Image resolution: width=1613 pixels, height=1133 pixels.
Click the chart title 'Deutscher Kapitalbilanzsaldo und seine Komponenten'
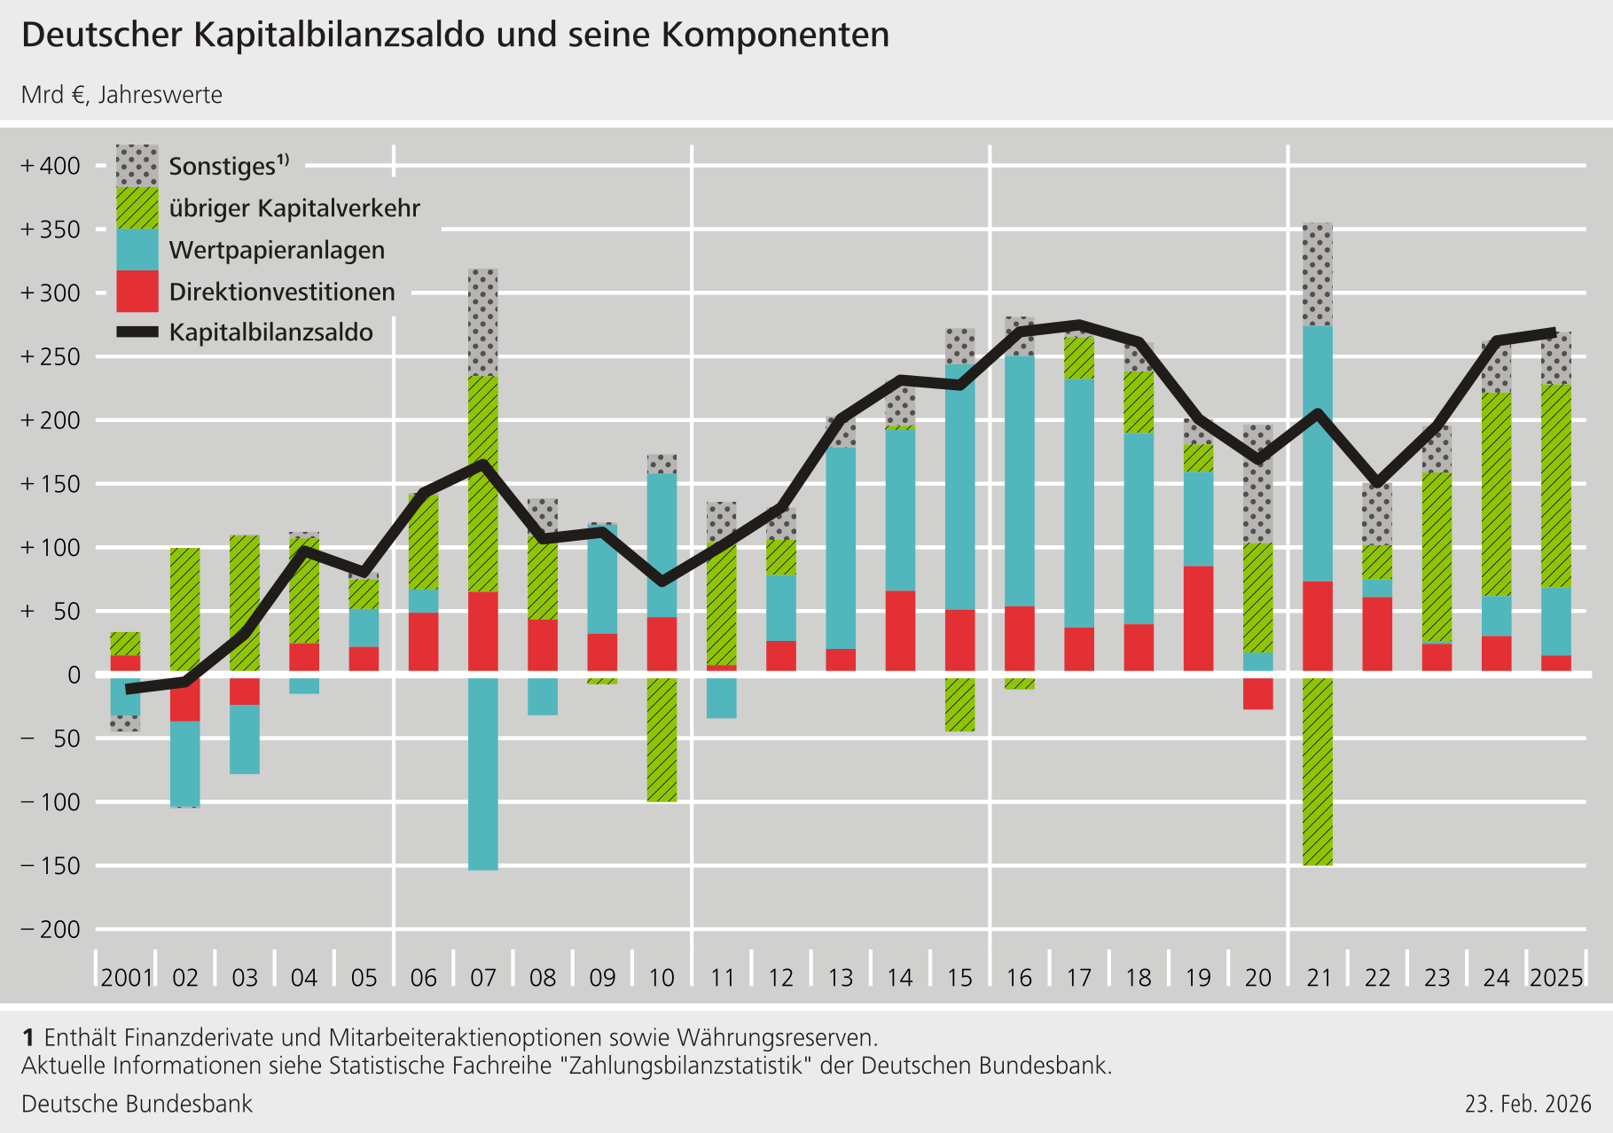pos(455,35)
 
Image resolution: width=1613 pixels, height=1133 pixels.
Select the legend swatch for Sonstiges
pos(137,166)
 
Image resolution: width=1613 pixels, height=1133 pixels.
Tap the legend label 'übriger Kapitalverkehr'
pos(294,208)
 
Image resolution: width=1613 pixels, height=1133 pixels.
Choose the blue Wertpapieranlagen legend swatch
pos(137,249)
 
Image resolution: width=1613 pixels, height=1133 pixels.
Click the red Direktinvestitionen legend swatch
pos(137,291)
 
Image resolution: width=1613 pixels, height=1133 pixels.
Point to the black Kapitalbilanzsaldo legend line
pos(137,332)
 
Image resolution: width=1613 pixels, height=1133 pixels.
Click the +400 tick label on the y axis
pos(51,166)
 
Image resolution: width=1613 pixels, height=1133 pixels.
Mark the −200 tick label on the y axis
pos(51,929)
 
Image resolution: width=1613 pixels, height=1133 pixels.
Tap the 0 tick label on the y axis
pos(74,675)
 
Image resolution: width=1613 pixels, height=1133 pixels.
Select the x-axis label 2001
pos(126,978)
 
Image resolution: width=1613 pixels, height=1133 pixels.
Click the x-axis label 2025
pos(1556,978)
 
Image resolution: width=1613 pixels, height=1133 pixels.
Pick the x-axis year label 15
pos(959,978)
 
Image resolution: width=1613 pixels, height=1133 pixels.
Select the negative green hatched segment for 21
pos(1318,771)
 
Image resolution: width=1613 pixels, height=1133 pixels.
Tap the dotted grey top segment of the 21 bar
pos(1318,275)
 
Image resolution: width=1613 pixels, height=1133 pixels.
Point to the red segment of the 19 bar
pos(1199,619)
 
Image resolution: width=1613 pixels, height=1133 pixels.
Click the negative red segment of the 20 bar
pos(1258,693)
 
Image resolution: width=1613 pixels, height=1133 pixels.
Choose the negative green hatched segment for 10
pos(662,740)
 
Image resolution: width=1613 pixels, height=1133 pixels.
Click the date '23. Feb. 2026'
pos(1528,1104)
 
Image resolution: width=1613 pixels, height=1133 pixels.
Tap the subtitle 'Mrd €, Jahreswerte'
pos(122,95)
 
